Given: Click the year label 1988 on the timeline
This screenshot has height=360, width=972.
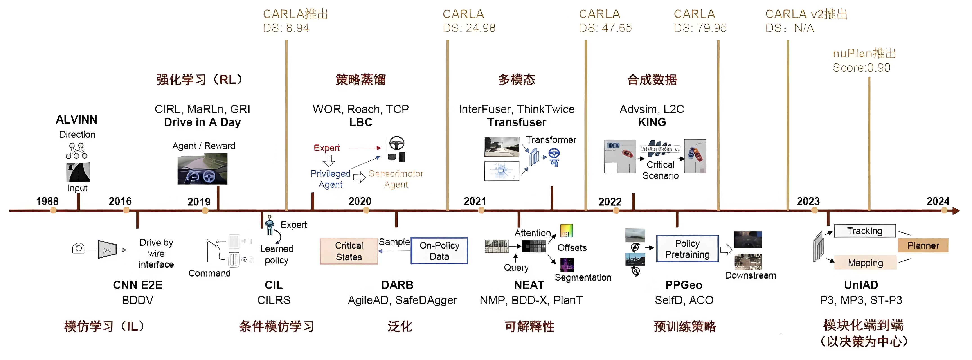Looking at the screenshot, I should pos(47,201).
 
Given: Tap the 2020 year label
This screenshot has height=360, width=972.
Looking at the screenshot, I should pos(360,201).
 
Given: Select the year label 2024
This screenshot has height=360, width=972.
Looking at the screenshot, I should pos(938,201).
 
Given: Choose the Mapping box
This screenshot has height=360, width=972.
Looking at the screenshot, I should pos(865,263).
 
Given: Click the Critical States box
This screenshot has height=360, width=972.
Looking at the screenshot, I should pos(349,251).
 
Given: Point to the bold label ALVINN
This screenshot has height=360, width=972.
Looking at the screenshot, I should pos(76,120).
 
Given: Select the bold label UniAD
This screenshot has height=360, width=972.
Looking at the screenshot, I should pos(861,285).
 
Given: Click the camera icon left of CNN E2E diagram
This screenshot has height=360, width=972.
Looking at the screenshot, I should pos(78,248).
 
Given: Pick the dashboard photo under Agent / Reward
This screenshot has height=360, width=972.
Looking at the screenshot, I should pos(202,170).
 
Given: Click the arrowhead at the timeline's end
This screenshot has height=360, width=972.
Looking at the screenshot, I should pos(956,211).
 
